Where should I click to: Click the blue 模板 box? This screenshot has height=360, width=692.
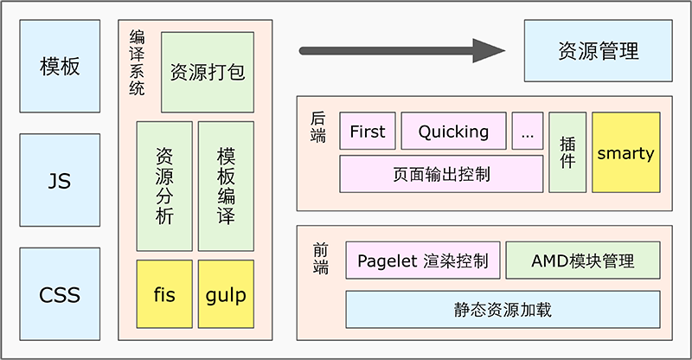60,66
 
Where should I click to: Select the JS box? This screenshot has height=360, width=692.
60,180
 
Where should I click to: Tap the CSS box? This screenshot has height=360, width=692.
60,294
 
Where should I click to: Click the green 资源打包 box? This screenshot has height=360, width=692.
208,72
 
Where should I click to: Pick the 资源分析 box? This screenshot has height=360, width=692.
164,186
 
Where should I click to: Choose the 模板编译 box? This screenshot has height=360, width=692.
226,186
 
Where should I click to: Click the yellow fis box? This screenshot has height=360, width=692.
164,294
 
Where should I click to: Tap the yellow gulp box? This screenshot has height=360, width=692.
226,294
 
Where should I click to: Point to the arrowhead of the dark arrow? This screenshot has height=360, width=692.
504,51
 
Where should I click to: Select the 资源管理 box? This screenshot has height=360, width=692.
599,51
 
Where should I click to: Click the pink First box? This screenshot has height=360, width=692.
368,131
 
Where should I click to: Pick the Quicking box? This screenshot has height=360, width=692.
453,131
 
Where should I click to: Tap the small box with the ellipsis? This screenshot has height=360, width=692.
528,131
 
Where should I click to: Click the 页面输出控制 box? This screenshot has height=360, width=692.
441,174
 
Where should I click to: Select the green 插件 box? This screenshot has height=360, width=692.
567,152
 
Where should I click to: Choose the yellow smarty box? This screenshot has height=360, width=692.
626,152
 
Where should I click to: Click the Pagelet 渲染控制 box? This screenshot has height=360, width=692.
423,260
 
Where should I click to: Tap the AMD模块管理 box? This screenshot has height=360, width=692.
583,260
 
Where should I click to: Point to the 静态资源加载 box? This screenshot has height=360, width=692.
503,310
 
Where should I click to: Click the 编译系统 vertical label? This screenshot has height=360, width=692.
137,62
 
